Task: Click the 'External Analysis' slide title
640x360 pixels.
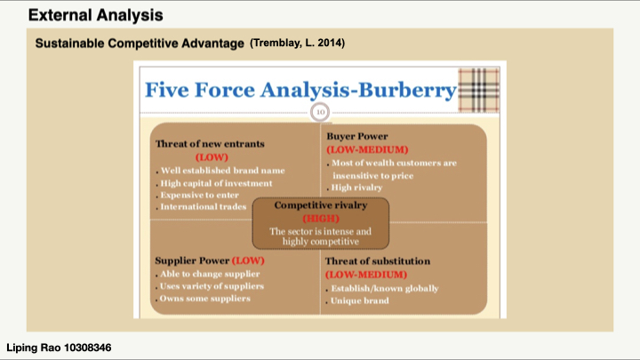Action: [95, 15]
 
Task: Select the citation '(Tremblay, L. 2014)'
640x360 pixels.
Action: [298, 43]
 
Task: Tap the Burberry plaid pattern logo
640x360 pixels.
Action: [479, 90]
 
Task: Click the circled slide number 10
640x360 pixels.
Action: [320, 112]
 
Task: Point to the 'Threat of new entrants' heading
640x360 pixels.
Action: [210, 144]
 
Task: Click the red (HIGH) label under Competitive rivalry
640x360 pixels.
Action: [321, 219]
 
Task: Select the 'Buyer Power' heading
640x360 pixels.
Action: [357, 136]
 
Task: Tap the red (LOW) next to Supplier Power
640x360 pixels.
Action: [248, 260]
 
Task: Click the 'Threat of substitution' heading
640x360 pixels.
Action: [378, 261]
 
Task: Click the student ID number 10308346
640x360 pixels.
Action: [88, 348]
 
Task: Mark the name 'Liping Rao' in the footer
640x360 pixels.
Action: [34, 348]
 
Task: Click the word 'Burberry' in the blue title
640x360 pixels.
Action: [407, 90]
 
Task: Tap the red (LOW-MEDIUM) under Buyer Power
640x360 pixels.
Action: [367, 150]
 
